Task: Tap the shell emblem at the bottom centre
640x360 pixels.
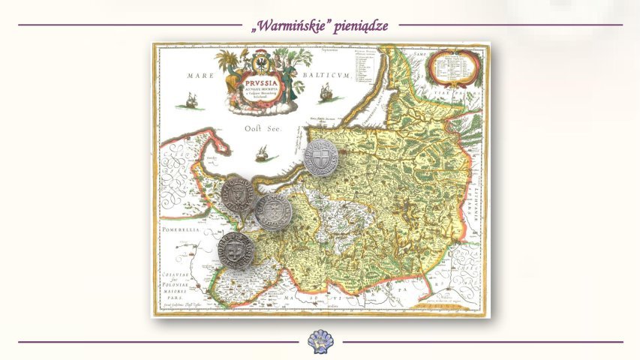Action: click(320, 340)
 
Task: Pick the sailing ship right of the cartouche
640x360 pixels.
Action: click(327, 93)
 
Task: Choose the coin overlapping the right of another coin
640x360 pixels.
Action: click(274, 211)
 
